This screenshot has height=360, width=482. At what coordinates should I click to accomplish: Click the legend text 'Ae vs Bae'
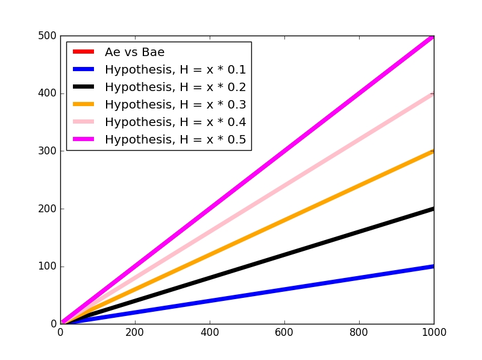click(x=134, y=52)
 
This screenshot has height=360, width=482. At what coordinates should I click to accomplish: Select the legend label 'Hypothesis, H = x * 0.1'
click(x=175, y=69)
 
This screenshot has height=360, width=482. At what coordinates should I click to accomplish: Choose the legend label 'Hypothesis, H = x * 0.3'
click(x=175, y=104)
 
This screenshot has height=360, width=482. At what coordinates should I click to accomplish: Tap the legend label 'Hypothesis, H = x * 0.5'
click(x=175, y=139)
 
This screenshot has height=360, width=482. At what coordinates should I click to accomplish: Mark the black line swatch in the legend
click(x=84, y=86)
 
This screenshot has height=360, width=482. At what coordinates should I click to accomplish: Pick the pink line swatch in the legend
click(x=84, y=121)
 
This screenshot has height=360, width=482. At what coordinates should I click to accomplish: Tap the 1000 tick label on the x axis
click(x=433, y=332)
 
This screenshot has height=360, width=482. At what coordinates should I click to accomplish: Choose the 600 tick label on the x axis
click(x=284, y=332)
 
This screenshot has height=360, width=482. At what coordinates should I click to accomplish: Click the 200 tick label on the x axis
click(x=135, y=332)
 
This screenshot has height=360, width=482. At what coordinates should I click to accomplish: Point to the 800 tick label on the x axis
click(x=359, y=332)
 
